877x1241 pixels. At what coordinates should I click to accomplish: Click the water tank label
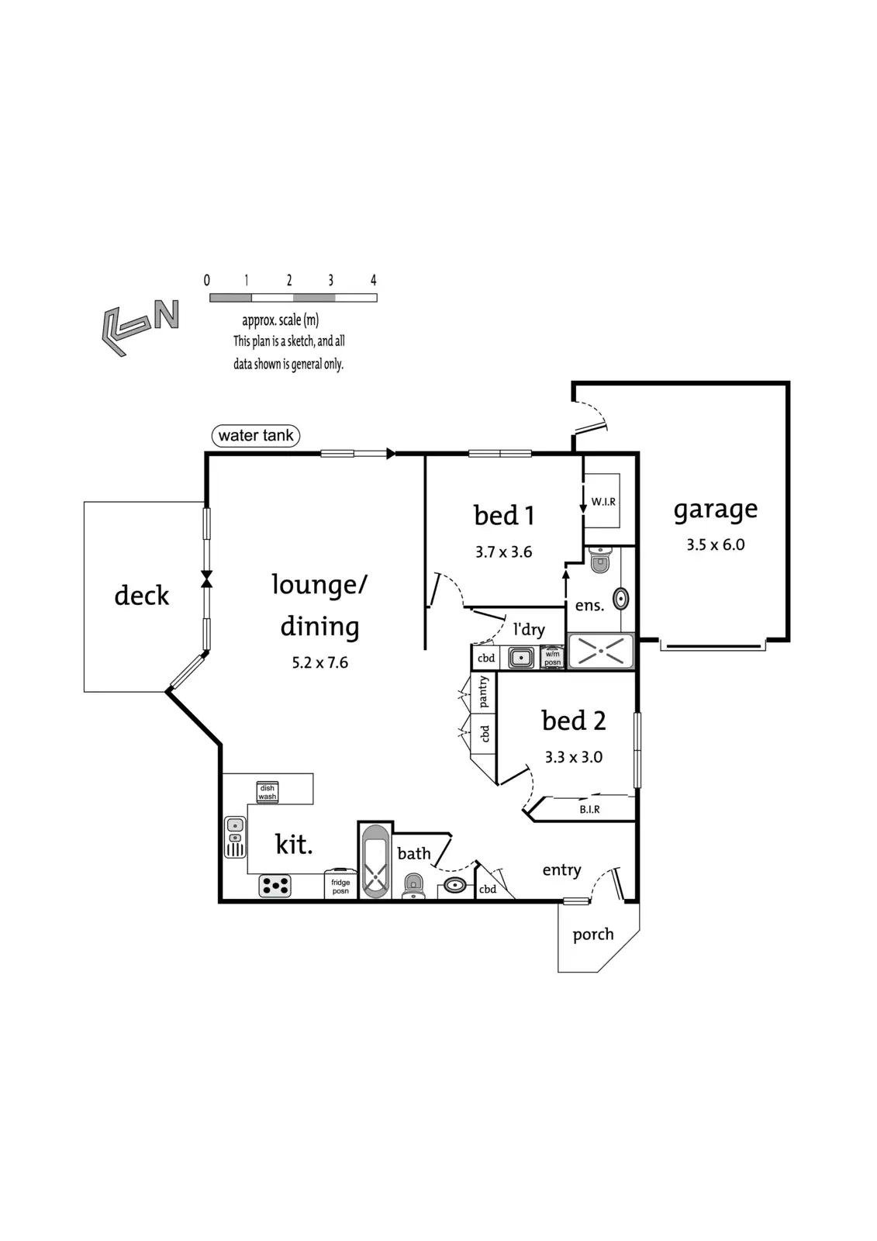256,436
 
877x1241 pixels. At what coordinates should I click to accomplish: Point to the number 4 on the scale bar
374,281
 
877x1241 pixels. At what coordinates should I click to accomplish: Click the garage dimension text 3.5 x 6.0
715,544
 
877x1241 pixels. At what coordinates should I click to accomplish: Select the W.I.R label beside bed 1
603,502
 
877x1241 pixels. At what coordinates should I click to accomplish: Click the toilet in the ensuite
600,559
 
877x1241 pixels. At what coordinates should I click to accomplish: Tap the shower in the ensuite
601,652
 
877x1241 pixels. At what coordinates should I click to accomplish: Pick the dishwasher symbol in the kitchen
268,792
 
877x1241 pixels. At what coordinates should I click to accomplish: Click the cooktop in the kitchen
275,886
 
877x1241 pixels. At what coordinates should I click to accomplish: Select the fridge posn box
340,885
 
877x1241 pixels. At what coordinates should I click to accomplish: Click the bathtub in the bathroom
375,861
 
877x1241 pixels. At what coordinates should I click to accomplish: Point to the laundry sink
521,659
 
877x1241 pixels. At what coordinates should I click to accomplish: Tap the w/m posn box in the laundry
552,658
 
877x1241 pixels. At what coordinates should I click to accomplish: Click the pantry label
484,692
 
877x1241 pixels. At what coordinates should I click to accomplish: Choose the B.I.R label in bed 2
589,810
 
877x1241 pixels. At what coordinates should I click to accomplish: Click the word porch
593,935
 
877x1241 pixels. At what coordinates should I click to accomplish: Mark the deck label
141,596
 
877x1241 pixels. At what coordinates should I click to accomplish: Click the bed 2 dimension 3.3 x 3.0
573,757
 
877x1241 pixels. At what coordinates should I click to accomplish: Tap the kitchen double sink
235,837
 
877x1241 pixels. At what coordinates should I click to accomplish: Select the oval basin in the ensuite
620,598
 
